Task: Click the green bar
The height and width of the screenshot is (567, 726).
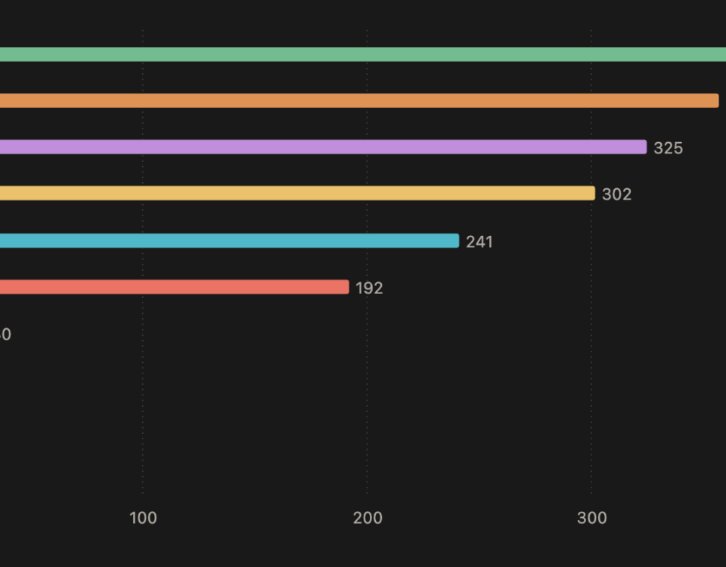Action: pyautogui.click(x=363, y=54)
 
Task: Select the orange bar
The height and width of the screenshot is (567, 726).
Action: pyautogui.click(x=359, y=101)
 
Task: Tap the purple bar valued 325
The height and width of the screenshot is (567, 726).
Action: pyautogui.click(x=323, y=147)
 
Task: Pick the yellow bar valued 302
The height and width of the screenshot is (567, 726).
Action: pyautogui.click(x=297, y=194)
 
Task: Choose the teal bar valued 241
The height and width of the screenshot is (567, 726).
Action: pyautogui.click(x=229, y=240)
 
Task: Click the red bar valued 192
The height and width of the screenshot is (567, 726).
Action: pyautogui.click(x=174, y=287)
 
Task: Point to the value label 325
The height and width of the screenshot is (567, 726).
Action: pyautogui.click(x=668, y=148)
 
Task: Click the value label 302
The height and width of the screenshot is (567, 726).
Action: pyautogui.click(x=616, y=194)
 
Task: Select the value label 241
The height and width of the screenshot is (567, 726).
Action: pyautogui.click(x=479, y=242)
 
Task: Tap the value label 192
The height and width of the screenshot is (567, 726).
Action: pyautogui.click(x=369, y=288)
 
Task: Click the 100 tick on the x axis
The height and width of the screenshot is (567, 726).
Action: pyautogui.click(x=143, y=519)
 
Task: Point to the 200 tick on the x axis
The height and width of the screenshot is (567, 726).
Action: pyautogui.click(x=368, y=519)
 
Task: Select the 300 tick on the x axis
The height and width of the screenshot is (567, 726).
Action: pyautogui.click(x=591, y=519)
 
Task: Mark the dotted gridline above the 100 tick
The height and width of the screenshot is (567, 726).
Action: pyautogui.click(x=142, y=393)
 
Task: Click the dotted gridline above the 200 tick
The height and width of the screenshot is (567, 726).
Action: pyautogui.click(x=367, y=393)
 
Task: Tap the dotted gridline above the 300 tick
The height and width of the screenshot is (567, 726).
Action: pyautogui.click(x=591, y=393)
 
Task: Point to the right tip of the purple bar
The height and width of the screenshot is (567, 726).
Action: pyautogui.click(x=644, y=147)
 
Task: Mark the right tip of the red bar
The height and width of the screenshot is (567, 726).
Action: pyautogui.click(x=347, y=287)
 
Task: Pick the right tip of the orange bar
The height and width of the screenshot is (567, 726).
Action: pyautogui.click(x=716, y=101)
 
